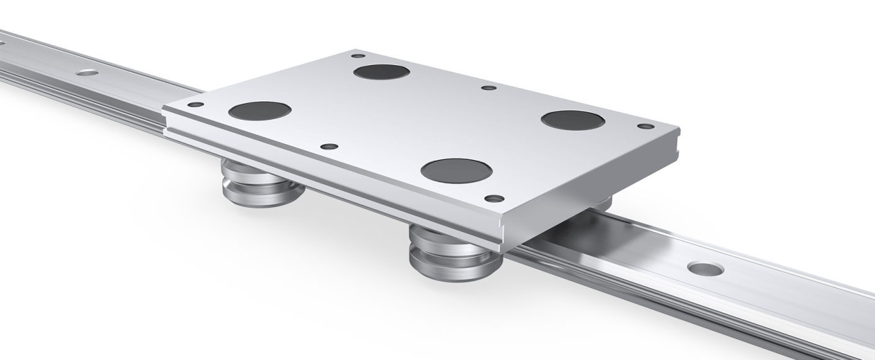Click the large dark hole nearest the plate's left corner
click(x=259, y=111)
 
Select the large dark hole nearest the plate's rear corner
click(x=382, y=72)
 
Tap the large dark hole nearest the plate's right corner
click(x=573, y=120)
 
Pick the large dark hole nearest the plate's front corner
click(x=456, y=170)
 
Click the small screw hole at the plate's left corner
click(x=195, y=105)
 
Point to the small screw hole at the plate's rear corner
click(x=358, y=56)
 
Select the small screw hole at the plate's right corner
click(x=645, y=126)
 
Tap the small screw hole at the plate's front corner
click(x=494, y=199)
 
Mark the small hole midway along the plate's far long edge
click(x=489, y=88)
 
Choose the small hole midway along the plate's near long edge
click(x=329, y=147)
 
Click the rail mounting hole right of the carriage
click(x=706, y=269)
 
